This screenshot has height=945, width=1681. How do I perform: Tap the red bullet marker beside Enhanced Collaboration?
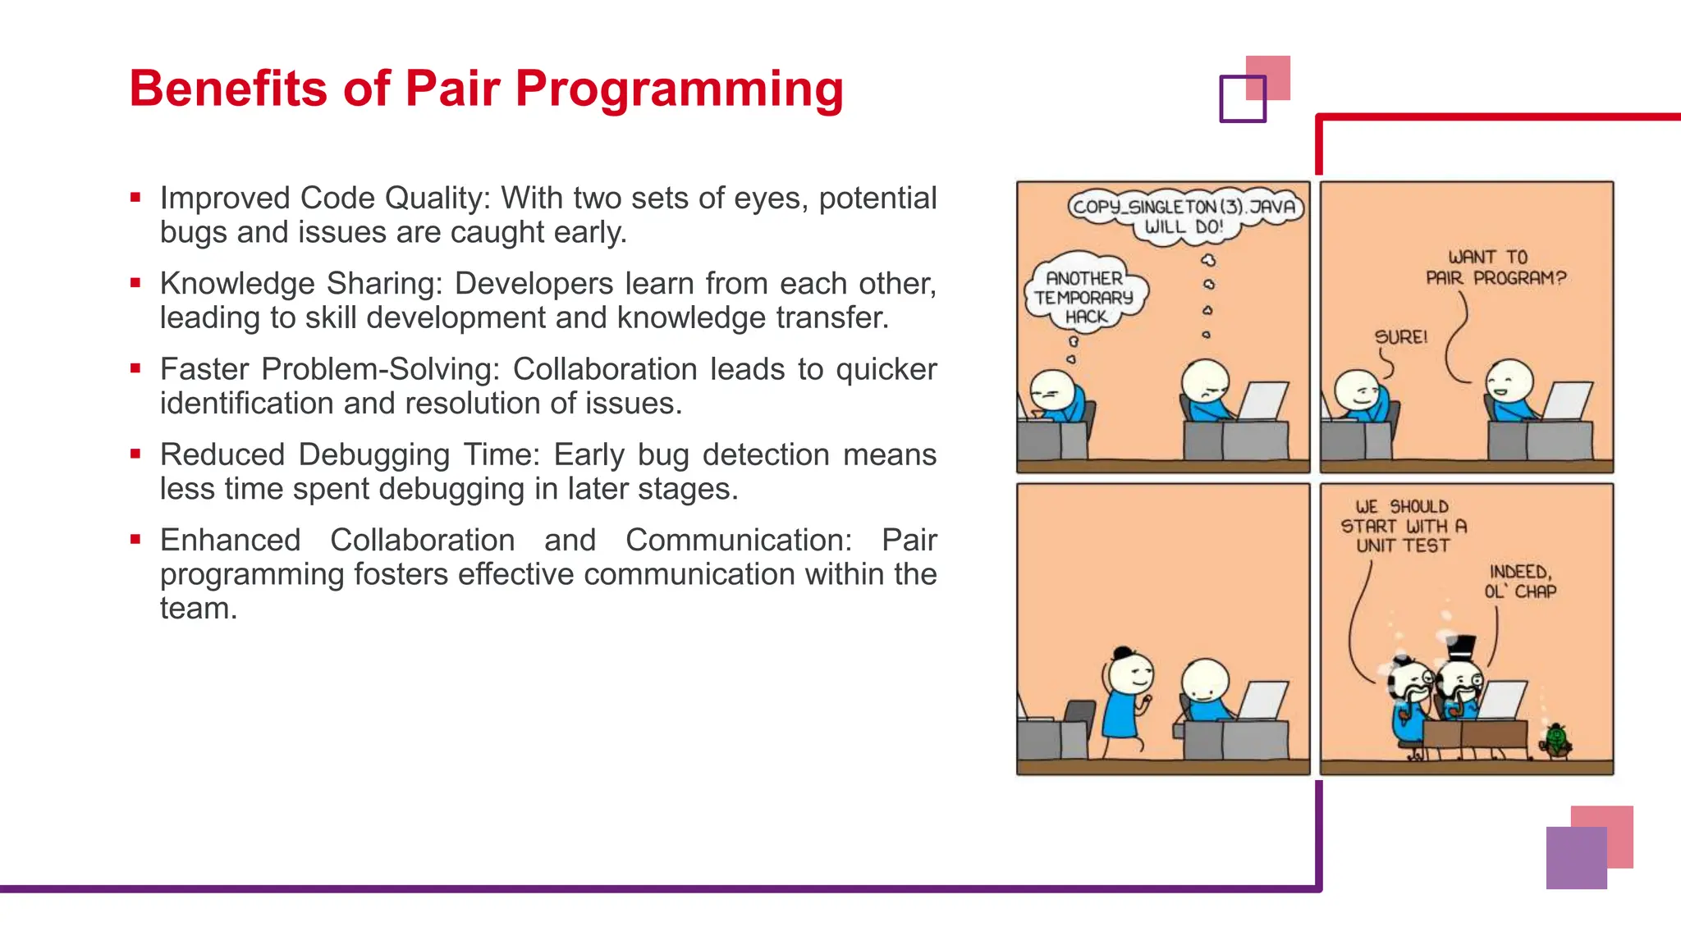135,539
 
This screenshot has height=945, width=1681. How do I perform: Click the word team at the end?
197,609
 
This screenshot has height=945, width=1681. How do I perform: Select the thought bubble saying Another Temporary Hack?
1085,297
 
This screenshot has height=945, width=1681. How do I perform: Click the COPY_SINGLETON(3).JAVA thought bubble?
1184,215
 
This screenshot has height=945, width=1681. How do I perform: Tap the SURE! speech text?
1400,337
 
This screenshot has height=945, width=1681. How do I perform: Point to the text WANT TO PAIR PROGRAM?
1495,268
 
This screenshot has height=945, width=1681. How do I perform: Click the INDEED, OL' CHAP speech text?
1519,582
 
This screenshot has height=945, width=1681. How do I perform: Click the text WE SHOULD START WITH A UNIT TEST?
1403,526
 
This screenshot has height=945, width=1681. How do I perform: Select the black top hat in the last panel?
1461,648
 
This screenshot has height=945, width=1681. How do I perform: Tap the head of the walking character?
1131,674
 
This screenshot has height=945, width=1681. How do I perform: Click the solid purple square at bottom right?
1576,858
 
